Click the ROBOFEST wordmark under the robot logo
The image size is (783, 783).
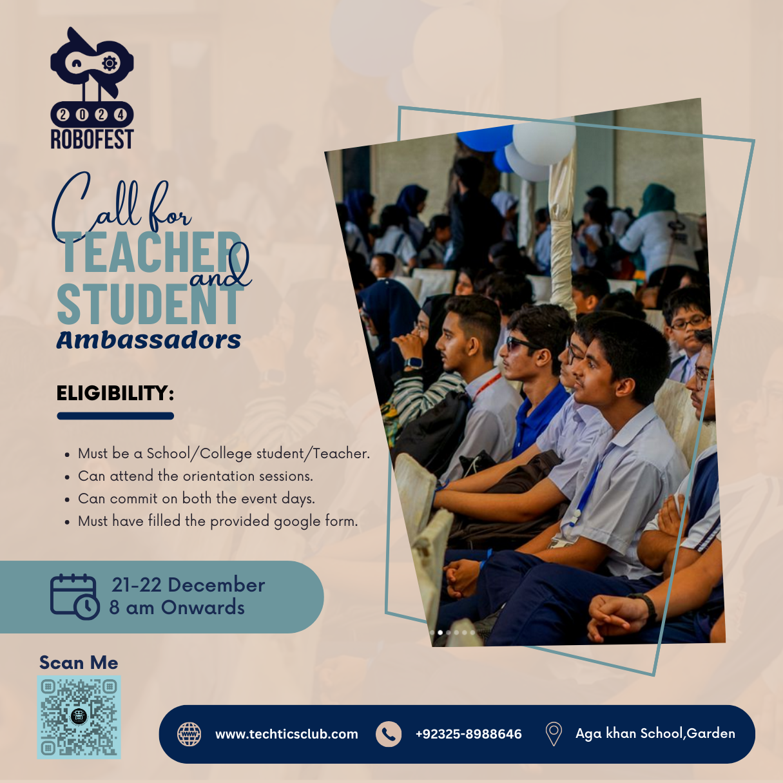click(92, 139)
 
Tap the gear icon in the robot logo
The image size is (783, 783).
click(110, 63)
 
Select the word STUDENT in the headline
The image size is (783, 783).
click(149, 304)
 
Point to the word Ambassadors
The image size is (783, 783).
click(149, 340)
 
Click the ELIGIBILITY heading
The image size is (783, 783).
click(115, 393)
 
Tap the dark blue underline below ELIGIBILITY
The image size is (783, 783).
click(115, 416)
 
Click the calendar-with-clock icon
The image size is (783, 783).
click(75, 597)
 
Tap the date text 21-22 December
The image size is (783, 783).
click(188, 585)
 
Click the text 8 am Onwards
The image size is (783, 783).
click(177, 608)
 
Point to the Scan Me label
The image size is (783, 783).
click(79, 662)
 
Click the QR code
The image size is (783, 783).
click(79, 717)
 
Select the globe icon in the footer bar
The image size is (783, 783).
click(189, 734)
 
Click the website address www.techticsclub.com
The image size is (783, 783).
click(287, 734)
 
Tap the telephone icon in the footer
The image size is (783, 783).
click(389, 734)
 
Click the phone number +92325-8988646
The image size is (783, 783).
click(469, 734)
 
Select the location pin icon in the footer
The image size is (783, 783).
click(554, 734)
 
